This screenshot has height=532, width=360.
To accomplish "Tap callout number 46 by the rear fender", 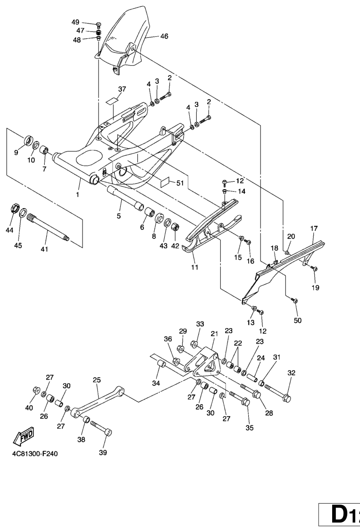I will click(164, 36).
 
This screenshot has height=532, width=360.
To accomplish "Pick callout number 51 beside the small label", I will click(180, 183).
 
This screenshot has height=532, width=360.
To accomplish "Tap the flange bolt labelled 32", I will click(278, 393).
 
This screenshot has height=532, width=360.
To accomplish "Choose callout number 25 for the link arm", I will click(97, 380).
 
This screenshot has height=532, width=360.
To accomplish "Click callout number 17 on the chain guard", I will click(314, 228).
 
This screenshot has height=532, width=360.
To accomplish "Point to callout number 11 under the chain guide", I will click(194, 267).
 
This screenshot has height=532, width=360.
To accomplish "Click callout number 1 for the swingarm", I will click(78, 194).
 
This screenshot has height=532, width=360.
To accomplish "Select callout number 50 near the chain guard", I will click(298, 321).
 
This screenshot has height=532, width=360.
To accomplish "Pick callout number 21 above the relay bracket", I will click(214, 334).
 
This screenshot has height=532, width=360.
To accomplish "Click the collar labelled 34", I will click(160, 364).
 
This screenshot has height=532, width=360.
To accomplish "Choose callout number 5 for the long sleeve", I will click(119, 216).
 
